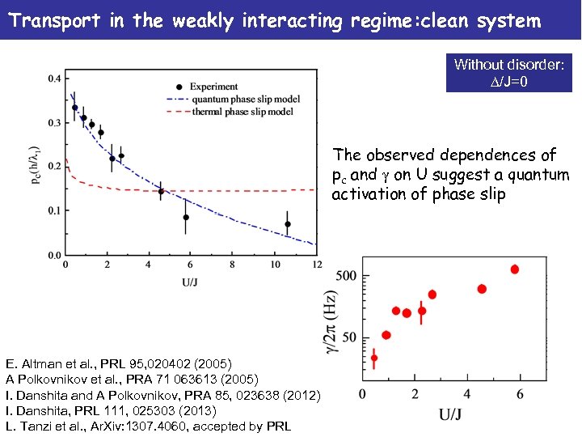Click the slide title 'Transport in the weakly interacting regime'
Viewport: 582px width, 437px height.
pyautogui.click(x=274, y=20)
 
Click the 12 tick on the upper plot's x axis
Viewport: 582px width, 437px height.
pyautogui.click(x=316, y=264)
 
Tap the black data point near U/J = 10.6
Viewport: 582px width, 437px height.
pyautogui.click(x=287, y=224)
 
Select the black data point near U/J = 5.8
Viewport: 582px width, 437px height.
pyautogui.click(x=186, y=217)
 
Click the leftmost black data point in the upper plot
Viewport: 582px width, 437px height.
pyautogui.click(x=74, y=108)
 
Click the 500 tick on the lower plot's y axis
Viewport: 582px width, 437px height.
pyautogui.click(x=346, y=276)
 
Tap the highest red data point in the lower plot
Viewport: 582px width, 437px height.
pyautogui.click(x=515, y=269)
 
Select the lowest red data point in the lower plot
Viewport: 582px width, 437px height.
pyautogui.click(x=373, y=358)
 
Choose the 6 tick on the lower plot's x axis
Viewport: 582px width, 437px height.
pyautogui.click(x=519, y=393)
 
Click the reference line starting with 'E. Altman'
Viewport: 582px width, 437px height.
pyautogui.click(x=119, y=363)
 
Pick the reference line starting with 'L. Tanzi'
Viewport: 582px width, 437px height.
pyautogui.click(x=148, y=426)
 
